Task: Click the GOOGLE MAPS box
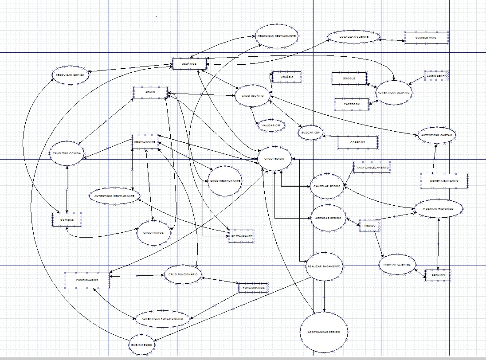click(x=426, y=38)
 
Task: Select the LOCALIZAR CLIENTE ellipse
click(x=354, y=37)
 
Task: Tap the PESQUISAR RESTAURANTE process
click(x=276, y=35)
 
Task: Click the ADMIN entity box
click(x=150, y=93)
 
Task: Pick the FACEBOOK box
click(x=352, y=104)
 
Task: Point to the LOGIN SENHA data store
click(x=436, y=76)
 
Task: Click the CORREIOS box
click(x=357, y=143)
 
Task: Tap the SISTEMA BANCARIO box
click(x=444, y=181)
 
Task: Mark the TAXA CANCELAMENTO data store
click(x=372, y=168)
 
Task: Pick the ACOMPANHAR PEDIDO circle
click(x=324, y=332)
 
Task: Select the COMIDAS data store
click(x=67, y=219)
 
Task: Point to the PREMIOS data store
click(x=438, y=275)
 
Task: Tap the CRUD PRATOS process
click(x=153, y=233)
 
